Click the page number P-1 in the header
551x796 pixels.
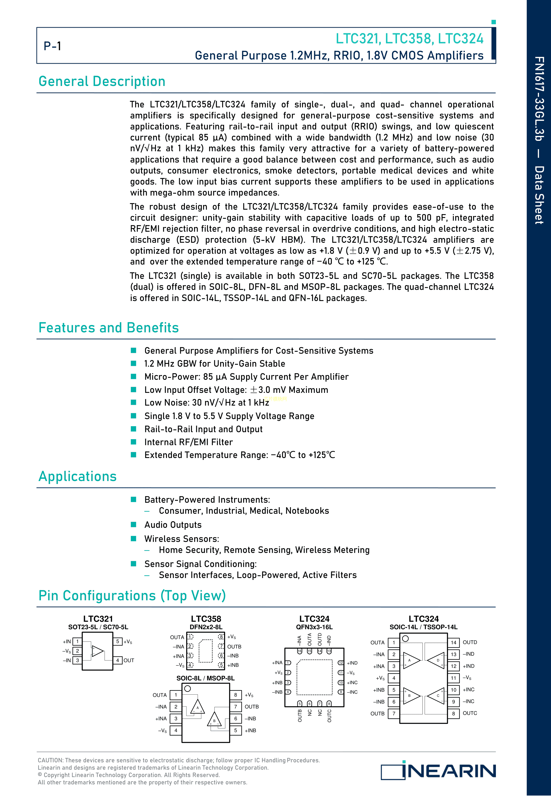click(52, 46)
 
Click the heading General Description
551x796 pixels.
click(102, 82)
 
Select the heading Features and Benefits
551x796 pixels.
click(108, 327)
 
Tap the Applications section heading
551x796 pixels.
click(77, 476)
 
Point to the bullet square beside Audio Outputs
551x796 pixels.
click(134, 525)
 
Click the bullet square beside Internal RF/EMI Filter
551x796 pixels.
click(134, 442)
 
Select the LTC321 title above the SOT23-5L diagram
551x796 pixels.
click(98, 619)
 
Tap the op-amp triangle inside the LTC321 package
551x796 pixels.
click(98, 651)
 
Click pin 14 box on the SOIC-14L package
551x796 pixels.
click(453, 642)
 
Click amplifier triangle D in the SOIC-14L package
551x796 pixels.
click(436, 660)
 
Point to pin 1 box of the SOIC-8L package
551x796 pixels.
click(176, 695)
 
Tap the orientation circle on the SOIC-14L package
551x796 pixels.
click(406, 639)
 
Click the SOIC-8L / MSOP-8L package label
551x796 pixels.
click(205, 678)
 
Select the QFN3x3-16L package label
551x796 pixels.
click(314, 627)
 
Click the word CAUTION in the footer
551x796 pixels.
click(50, 760)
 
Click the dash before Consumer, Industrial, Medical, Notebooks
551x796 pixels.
click(147, 511)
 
